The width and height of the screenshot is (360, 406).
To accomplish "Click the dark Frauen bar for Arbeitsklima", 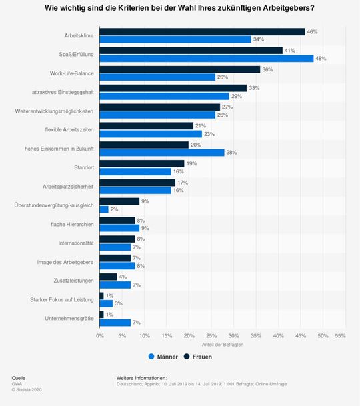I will [x=202, y=31].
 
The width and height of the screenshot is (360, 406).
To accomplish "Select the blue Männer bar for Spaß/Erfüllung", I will [x=207, y=58].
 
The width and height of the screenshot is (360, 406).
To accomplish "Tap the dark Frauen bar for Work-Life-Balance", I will [x=180, y=69].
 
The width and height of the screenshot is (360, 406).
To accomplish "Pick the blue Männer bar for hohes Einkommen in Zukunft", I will [x=162, y=152].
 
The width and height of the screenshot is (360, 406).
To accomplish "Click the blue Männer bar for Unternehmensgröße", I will [x=115, y=322].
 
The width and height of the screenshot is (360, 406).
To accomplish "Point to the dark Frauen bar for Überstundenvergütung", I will [x=119, y=201].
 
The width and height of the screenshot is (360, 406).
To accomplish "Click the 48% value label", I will [x=320, y=58].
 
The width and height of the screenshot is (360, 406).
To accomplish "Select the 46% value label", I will [x=311, y=31].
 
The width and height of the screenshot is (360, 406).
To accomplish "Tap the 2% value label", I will [x=115, y=209].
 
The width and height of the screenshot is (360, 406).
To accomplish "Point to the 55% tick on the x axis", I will [x=340, y=336].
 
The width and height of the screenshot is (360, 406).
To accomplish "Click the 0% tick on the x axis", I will [x=100, y=336].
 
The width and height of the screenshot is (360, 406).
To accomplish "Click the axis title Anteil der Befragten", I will [x=222, y=344].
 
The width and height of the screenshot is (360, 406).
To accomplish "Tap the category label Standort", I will [x=83, y=167].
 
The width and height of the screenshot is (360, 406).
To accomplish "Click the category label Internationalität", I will [x=75, y=243].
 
